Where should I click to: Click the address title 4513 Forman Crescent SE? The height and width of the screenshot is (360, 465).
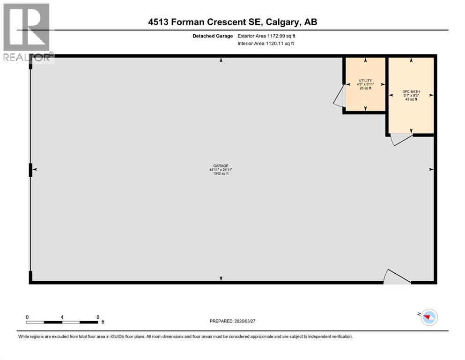pos(232,22)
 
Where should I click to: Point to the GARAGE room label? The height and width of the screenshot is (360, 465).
pos(221,165)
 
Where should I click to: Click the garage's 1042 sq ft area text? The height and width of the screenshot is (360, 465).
pos(221,173)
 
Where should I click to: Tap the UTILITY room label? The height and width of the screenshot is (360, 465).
pos(365,80)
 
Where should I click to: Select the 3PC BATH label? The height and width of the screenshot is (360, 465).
pos(411,91)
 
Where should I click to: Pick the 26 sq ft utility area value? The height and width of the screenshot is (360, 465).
pos(365,88)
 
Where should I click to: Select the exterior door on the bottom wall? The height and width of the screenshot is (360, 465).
pos(396,277)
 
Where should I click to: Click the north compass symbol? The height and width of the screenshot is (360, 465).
pos(428,317)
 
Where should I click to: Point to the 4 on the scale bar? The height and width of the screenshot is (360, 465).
pos(62,317)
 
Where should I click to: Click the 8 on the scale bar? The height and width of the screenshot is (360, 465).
pos(97,317)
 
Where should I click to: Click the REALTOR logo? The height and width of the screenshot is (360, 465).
pos(26,33)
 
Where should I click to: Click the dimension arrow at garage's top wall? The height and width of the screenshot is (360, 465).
pos(221,60)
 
